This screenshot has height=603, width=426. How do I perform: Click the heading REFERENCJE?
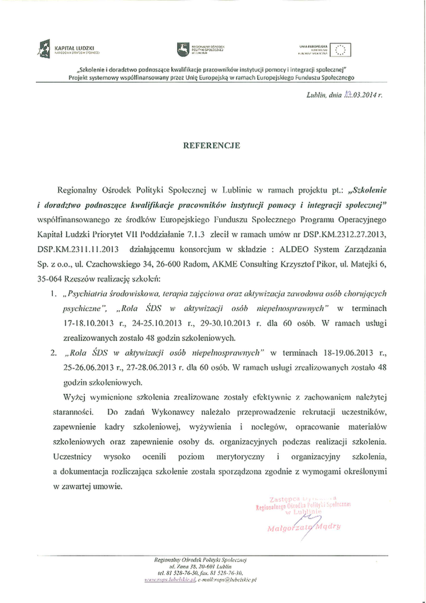pyautogui.click(x=213, y=146)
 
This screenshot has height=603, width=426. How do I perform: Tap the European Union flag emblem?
pyautogui.click(x=342, y=49)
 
